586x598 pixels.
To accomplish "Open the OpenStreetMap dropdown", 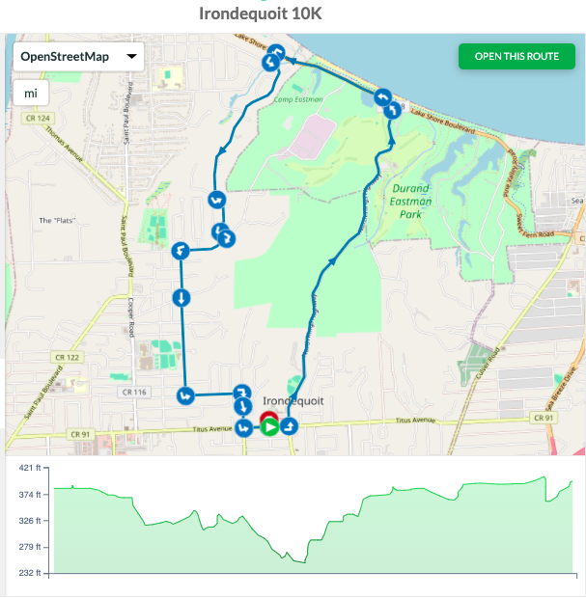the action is (78, 57).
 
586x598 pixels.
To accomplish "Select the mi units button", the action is (31, 94).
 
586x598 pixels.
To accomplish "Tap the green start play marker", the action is (270, 425).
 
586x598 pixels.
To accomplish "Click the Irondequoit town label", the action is (293, 401).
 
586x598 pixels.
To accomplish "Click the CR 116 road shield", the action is (132, 393).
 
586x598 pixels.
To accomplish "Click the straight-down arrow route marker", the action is (181, 297).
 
